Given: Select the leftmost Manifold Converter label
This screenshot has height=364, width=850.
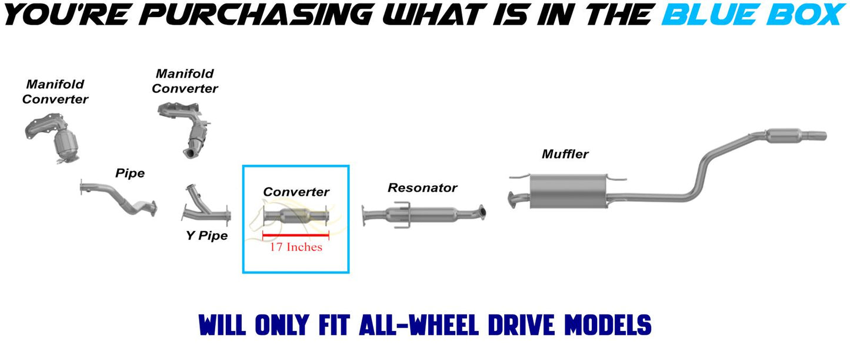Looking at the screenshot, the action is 55,91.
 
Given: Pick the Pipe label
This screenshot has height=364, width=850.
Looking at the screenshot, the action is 130,173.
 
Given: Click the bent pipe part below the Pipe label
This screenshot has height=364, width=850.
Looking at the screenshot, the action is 118,198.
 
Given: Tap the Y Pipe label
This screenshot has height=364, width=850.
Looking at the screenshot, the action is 207,235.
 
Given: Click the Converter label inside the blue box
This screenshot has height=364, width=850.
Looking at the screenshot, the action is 296,192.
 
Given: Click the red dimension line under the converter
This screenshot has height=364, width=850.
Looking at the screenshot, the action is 296,235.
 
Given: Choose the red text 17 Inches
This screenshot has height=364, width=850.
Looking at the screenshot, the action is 296,247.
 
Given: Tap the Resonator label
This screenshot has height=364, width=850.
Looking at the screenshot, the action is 422,188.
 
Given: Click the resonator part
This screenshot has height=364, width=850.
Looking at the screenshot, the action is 424,215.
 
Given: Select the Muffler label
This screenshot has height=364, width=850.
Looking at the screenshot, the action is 565,154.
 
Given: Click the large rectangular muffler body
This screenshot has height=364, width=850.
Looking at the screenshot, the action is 568,192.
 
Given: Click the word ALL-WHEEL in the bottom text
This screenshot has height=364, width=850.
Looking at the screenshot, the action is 419,325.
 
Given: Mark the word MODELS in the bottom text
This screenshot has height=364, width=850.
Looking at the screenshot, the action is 608,325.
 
